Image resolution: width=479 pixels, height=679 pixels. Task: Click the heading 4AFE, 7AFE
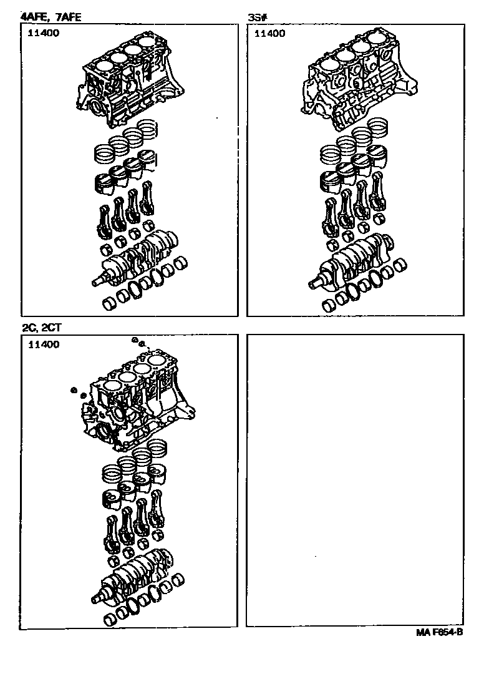51,17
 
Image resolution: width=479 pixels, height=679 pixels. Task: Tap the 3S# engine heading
258,17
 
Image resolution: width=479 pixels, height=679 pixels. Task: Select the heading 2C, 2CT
42,328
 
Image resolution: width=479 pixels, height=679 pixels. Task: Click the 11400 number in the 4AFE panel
43,33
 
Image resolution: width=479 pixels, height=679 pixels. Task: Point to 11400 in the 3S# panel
269,33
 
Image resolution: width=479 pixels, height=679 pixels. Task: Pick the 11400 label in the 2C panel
44,344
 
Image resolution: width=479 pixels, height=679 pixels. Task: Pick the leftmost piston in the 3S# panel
330,182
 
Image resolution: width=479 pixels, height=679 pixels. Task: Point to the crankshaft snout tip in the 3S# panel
311,286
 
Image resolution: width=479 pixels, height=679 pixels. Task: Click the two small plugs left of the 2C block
79,392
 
